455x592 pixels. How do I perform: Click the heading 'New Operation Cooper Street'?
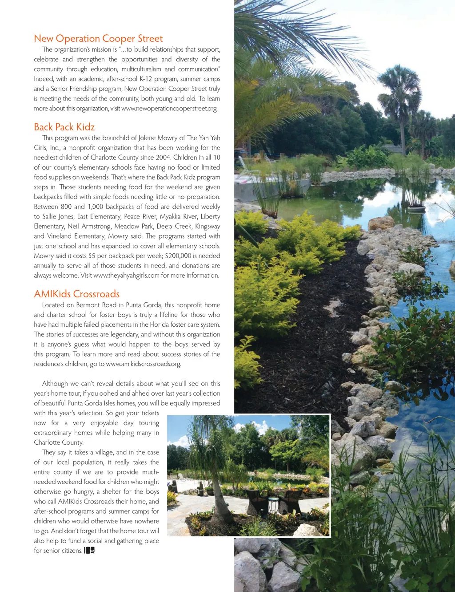click(x=98, y=39)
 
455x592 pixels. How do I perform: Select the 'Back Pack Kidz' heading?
click(x=64, y=127)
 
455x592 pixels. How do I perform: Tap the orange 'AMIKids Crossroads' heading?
click(x=77, y=294)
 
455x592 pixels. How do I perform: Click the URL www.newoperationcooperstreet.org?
click(x=169, y=109)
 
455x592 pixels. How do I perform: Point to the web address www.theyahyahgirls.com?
click(x=126, y=276)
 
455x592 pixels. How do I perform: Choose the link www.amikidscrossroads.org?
click(x=144, y=364)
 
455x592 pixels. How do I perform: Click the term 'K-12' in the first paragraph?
click(x=145, y=79)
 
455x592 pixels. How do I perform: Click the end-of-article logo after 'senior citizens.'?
click(x=89, y=551)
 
